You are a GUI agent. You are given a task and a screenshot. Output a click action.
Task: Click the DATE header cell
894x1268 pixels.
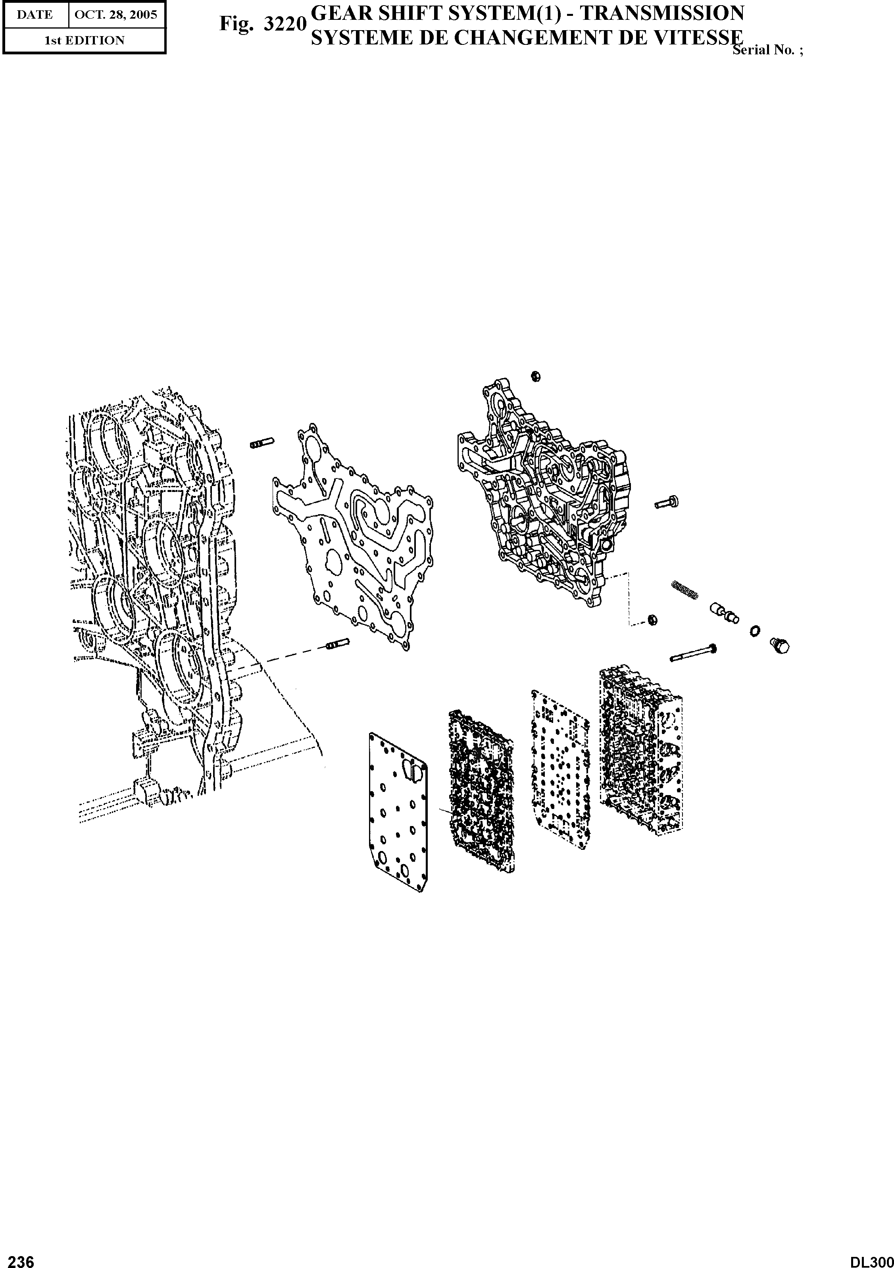(x=35, y=15)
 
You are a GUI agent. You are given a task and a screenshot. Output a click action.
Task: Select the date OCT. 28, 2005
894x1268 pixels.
(x=116, y=15)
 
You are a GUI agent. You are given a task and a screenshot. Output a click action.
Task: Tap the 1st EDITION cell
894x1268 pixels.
(x=85, y=40)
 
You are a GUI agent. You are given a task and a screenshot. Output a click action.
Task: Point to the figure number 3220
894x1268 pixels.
(x=285, y=24)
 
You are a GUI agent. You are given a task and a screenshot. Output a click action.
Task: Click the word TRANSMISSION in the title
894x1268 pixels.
(x=662, y=13)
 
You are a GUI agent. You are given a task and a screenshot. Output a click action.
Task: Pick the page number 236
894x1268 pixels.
(x=18, y=1258)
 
